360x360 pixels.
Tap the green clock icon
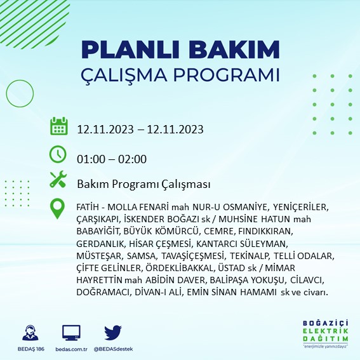click(58, 154)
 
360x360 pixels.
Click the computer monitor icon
click(70, 333)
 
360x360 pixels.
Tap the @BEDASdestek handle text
click(113, 349)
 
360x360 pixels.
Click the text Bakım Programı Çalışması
click(143, 184)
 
